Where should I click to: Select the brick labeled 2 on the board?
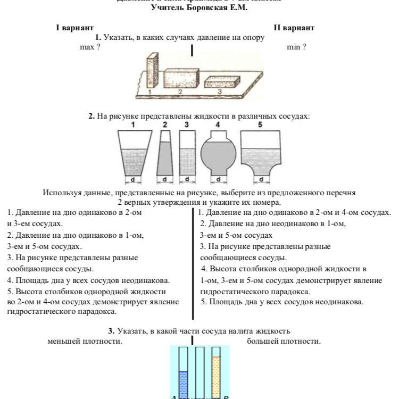point(180,79)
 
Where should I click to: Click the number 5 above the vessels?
point(260,124)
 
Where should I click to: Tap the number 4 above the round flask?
point(217,124)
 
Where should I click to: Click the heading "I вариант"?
point(75,27)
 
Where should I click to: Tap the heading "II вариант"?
point(294,27)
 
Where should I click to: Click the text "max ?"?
point(90,47)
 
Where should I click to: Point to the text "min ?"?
point(296,47)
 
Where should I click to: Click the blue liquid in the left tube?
point(184,384)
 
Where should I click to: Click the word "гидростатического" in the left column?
point(38,312)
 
